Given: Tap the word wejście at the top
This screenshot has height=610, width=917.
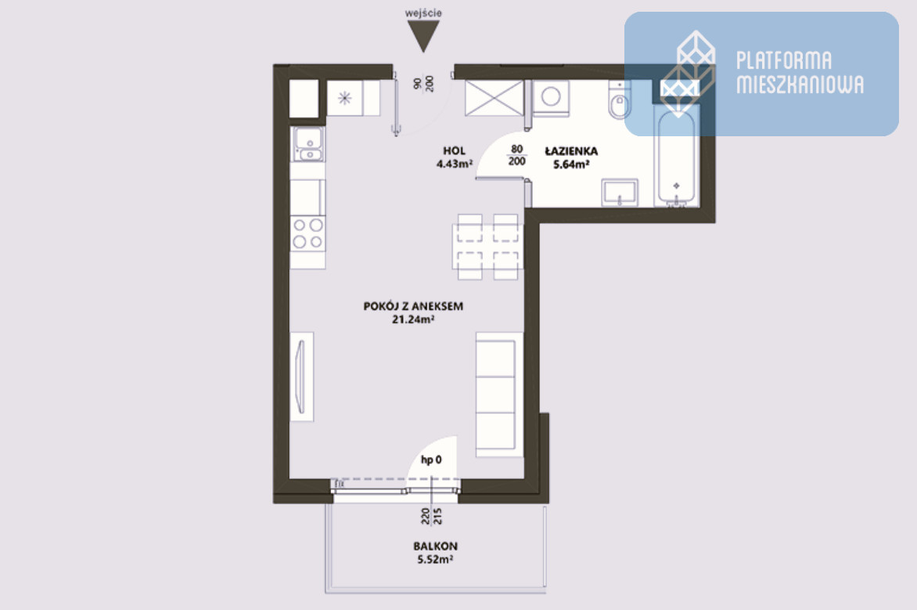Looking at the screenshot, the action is tap(423, 13).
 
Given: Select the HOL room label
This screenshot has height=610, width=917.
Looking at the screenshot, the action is tap(455, 150).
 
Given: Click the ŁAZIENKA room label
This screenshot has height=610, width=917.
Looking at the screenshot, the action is tap(571, 151).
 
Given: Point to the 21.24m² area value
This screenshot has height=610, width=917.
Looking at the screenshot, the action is tap(413, 319).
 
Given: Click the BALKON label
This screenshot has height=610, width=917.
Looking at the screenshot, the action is tap(436, 546).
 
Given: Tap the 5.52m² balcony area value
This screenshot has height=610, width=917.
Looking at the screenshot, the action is tap(436, 559).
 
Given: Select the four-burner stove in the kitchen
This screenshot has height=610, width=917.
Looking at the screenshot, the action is tap(308, 233).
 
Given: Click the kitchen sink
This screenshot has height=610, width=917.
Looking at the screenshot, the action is tap(308, 144).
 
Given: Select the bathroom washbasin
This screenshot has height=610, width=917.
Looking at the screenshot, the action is tap(620, 193).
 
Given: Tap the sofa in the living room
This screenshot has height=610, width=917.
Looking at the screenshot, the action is tap(499, 394).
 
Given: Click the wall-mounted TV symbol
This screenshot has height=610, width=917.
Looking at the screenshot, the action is tap(302, 377).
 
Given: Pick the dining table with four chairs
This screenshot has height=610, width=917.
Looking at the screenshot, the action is tap(487, 247).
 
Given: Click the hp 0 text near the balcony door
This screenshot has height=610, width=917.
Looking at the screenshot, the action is tap(432, 460).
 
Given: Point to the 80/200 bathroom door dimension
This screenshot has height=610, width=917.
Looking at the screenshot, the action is tap(517, 155).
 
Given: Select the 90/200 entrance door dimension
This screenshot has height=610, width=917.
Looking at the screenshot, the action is tap(423, 83).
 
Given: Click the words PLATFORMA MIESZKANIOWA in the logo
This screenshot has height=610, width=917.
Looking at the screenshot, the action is tap(800, 72).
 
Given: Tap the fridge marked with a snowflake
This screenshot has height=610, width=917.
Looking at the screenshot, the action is tap(353, 98).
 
